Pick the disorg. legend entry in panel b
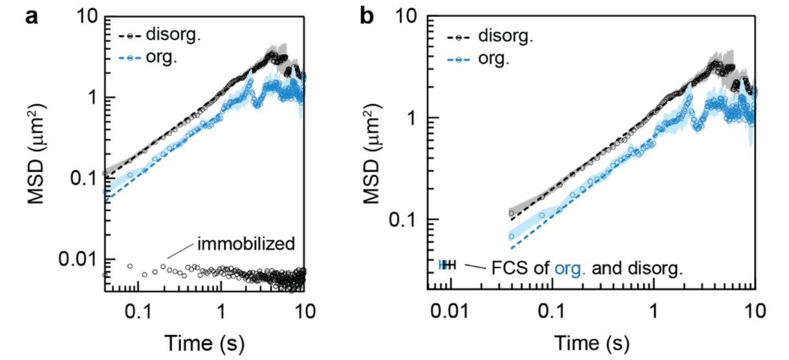[506, 36]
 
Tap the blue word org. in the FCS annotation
[571, 267]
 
